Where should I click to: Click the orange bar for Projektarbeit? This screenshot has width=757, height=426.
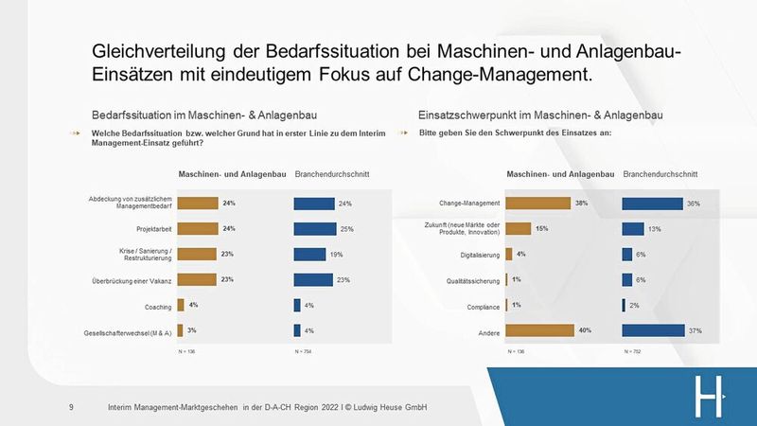pos(197,228)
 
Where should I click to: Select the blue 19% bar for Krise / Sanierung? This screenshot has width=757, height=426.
pos(309,254)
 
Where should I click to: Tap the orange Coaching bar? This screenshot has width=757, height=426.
pos(180,305)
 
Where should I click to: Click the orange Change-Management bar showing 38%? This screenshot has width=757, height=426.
pos(537,203)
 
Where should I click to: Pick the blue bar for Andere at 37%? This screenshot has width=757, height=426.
pos(653,330)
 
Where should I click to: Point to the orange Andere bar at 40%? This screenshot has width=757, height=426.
pos(539,330)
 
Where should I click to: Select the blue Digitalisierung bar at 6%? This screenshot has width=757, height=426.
pos(627,254)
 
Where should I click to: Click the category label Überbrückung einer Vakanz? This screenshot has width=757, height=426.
pos(130,279)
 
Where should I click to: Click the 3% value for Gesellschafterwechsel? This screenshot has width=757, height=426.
pos(192,330)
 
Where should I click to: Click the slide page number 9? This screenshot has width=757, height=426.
pos(72,407)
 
